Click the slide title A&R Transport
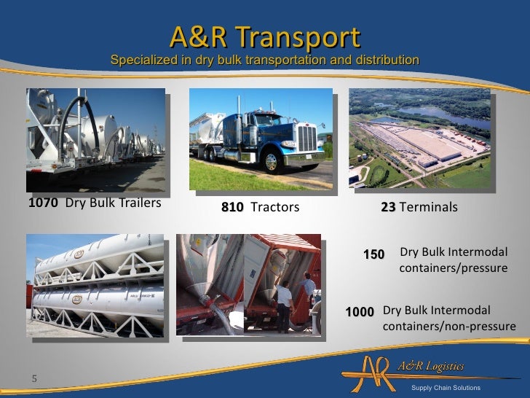264,37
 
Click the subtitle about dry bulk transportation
264,59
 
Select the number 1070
42,203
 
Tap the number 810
232,208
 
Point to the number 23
388,208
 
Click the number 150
373,254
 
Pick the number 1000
359,312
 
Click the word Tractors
274,208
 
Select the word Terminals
429,208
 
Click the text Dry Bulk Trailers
113,203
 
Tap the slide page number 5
33,378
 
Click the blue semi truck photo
261,138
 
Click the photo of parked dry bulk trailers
95,139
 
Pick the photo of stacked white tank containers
95,285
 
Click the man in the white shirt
284,303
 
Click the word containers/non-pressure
448,326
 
